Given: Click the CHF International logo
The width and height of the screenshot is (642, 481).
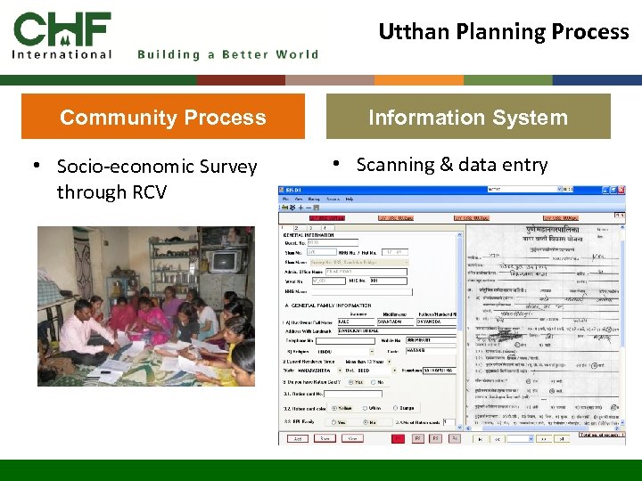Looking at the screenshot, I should [62, 36].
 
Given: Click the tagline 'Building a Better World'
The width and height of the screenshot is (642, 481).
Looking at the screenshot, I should [228, 54].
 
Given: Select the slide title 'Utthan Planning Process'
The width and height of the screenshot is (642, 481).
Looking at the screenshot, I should [504, 32].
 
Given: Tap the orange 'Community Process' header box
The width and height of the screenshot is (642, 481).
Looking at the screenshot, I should [162, 118].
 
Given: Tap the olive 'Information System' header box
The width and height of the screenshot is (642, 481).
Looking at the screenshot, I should [467, 118].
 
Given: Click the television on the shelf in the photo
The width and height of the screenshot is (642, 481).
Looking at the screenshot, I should [224, 262].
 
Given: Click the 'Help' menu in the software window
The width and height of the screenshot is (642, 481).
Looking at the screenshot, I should [350, 199].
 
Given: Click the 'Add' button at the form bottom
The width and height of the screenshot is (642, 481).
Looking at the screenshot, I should [297, 438].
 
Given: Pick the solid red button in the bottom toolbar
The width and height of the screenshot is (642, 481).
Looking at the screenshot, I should [397, 438].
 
